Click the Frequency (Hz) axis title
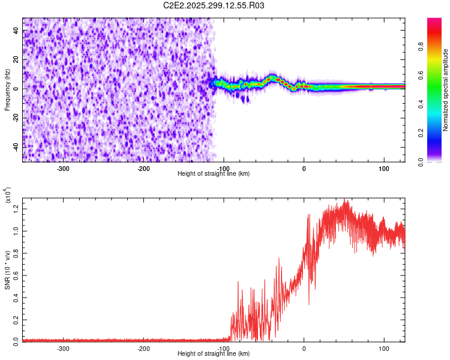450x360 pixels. [7, 89]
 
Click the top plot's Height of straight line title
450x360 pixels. [214, 174]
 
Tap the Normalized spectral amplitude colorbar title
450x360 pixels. [446, 89]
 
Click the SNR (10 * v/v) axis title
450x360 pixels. [7, 266]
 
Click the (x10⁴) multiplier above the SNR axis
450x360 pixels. [8, 195]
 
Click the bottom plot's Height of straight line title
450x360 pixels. [214, 354]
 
